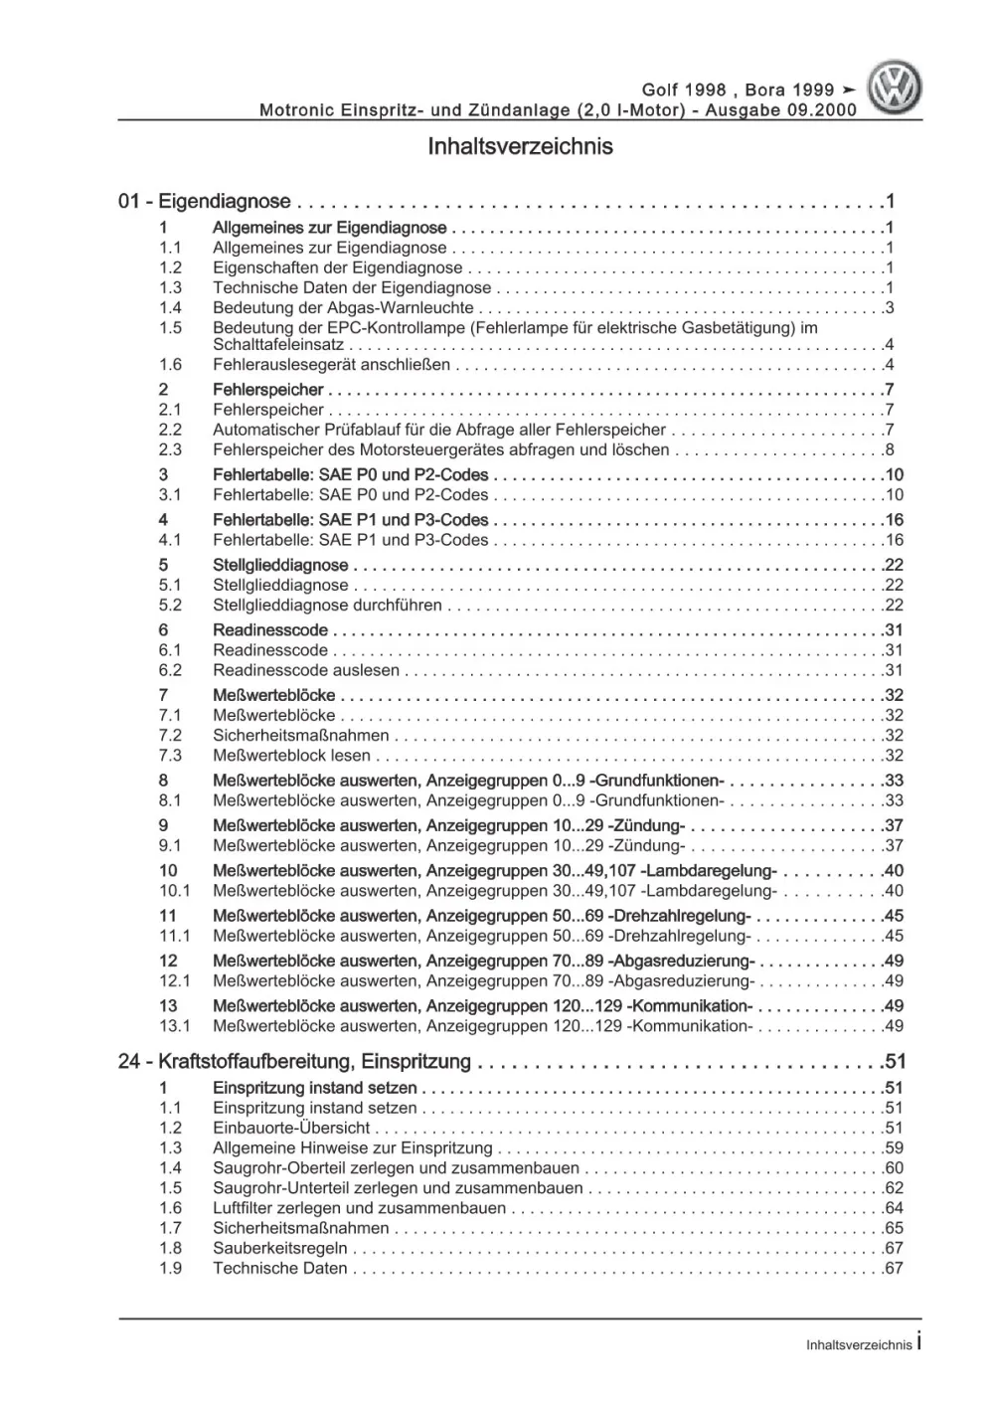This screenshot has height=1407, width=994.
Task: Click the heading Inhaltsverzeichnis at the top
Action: click(x=520, y=147)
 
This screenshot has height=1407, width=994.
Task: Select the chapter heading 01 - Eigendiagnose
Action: click(x=205, y=202)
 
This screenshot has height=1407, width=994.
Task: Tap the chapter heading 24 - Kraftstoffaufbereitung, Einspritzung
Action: click(x=294, y=1062)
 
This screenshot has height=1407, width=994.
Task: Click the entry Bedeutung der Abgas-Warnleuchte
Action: click(x=343, y=308)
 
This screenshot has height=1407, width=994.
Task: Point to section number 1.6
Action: click(x=171, y=365)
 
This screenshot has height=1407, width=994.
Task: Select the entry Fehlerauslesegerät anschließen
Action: click(x=331, y=365)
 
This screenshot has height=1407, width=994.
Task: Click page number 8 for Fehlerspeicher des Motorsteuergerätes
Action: click(x=890, y=449)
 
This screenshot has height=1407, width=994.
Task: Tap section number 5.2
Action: click(x=171, y=605)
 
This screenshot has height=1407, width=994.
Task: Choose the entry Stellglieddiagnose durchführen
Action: click(x=327, y=605)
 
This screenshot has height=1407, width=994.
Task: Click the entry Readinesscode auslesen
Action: click(x=306, y=670)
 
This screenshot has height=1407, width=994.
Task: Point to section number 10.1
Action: click(x=175, y=891)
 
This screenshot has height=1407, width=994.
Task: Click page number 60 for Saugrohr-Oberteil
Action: click(x=893, y=1168)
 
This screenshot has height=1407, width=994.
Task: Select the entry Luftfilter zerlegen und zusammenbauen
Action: click(x=359, y=1208)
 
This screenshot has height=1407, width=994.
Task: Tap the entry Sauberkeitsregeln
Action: click(x=280, y=1248)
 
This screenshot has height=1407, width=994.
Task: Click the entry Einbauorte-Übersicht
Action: click(x=291, y=1128)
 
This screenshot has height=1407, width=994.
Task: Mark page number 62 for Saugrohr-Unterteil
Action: click(x=893, y=1188)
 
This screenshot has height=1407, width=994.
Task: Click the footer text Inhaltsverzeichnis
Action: click(x=859, y=1344)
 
